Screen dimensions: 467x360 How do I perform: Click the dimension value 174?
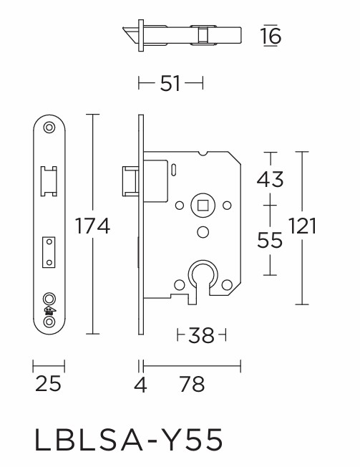93,227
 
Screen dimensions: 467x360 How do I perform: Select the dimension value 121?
302,227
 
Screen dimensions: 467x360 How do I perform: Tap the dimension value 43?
270,180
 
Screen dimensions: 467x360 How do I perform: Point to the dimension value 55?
270,240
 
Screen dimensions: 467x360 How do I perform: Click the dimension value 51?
170,84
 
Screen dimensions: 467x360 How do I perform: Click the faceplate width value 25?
48,385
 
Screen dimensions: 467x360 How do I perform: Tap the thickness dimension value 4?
140,385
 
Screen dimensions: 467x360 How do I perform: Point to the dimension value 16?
271,36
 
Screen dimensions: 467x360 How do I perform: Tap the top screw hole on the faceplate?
49,127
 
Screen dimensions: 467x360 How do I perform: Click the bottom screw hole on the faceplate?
49,323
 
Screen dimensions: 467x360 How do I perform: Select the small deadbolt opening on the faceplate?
49,251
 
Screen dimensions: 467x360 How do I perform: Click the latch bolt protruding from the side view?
130,179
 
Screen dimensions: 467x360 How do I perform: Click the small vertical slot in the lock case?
174,169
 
